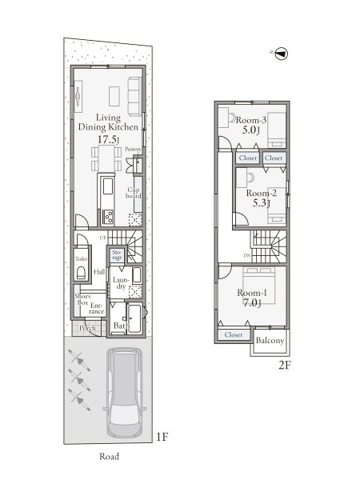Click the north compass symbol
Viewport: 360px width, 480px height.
tap(281, 54)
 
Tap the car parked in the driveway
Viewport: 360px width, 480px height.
tap(124, 393)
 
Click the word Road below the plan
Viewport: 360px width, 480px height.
tap(109, 457)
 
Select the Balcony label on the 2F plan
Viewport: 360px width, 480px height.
tap(270, 341)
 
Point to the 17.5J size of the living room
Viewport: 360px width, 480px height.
tap(108, 139)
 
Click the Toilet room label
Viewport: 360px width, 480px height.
tap(81, 259)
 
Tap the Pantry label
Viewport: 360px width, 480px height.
tap(133, 150)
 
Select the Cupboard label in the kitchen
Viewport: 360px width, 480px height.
tap(134, 193)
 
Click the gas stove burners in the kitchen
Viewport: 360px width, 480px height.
tap(108, 218)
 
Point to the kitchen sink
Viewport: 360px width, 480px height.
tap(108, 186)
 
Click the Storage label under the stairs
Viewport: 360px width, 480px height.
tap(117, 254)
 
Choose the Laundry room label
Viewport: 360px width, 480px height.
tap(121, 283)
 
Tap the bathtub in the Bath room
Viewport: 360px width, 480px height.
tap(134, 318)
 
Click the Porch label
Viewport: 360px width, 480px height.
tap(87, 328)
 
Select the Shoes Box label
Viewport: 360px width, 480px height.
tap(82, 299)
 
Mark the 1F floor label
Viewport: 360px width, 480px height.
tap(162, 437)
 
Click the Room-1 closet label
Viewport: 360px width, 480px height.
tap(234, 335)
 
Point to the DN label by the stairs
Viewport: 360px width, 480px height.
tap(247, 256)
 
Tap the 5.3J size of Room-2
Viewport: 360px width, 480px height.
tap(261, 203)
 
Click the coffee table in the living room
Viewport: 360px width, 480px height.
tap(114, 97)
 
